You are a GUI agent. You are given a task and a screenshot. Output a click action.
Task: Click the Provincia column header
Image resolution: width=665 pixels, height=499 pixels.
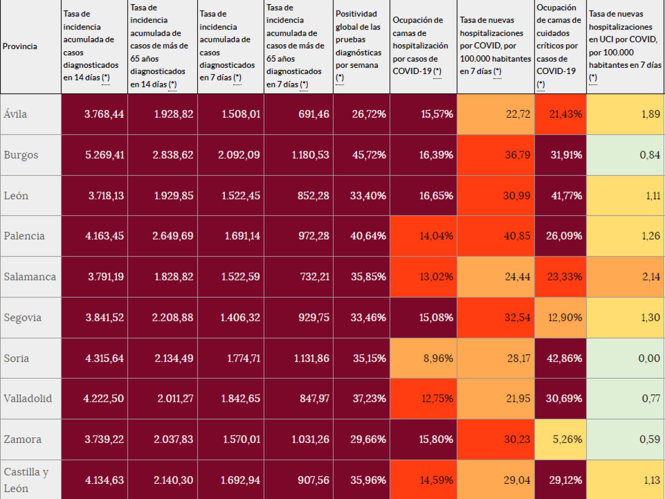20,46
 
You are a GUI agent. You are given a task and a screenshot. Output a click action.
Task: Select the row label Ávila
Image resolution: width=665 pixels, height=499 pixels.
16,114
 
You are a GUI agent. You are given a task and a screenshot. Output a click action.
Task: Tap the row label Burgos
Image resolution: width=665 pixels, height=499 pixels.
21,155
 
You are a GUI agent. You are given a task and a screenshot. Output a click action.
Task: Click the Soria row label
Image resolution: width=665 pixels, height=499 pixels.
16,358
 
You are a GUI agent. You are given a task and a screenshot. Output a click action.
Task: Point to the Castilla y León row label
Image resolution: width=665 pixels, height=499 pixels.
26,480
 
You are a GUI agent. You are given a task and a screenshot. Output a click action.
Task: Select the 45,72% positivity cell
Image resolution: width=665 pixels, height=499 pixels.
368,155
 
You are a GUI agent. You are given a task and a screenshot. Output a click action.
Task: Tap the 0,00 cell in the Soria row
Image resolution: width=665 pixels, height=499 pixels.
649,358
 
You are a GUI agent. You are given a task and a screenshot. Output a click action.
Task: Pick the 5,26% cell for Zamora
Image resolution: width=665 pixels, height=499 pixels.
567,439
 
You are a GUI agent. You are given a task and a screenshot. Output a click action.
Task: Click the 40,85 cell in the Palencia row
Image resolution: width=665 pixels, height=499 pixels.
516,236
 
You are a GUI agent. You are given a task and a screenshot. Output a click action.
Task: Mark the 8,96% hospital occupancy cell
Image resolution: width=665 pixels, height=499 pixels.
438,358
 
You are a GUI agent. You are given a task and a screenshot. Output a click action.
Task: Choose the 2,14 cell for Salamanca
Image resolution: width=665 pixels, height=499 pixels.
651,277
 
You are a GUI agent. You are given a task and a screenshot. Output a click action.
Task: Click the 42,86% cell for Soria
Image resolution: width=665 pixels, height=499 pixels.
564,358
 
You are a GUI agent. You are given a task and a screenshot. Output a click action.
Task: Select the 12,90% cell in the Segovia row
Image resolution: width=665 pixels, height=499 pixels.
565,318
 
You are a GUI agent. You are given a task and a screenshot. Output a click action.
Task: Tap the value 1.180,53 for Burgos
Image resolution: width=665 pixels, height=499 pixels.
310,155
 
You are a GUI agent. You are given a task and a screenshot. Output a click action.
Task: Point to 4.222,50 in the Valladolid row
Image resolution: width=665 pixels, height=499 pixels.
103,398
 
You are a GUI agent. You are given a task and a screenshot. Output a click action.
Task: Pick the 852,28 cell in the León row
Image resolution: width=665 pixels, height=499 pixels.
313,195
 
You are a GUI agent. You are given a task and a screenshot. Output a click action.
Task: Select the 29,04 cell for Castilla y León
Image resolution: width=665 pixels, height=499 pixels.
517,480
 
